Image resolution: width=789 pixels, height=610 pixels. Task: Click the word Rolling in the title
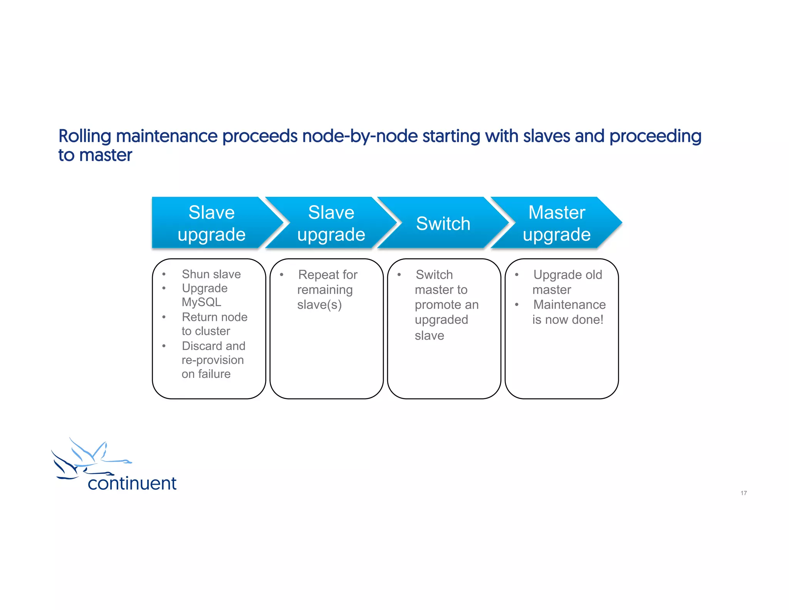85,136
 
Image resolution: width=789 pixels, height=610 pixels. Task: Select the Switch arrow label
443,224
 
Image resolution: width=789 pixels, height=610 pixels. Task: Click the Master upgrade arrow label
556,223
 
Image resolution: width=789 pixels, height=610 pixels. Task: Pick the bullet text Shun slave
211,274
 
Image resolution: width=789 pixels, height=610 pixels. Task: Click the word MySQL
201,302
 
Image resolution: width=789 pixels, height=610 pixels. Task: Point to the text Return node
215,317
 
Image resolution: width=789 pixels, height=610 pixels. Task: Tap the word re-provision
213,360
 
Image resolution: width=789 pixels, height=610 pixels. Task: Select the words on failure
206,374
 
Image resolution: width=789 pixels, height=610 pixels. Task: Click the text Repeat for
327,275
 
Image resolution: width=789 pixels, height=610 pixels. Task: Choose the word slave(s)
319,305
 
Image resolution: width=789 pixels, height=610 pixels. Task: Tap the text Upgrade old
567,275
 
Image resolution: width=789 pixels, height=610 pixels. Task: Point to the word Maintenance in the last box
569,305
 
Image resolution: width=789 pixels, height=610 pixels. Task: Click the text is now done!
568,320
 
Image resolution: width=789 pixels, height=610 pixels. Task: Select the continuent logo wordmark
132,484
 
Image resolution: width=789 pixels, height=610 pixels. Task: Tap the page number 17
744,493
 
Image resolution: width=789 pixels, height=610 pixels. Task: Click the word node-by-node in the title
360,136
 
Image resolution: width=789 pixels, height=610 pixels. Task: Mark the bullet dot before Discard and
164,346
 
